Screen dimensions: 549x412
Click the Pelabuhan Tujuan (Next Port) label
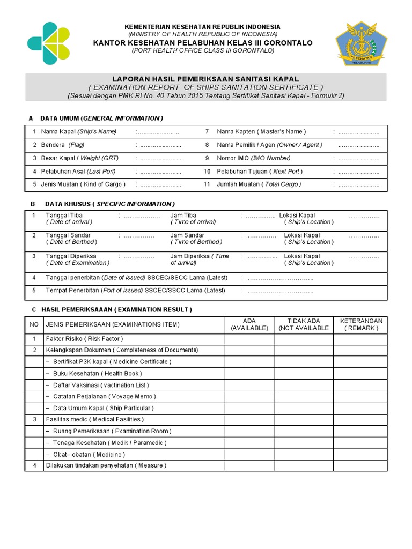[x=260, y=172]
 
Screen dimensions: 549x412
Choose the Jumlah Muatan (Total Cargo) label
[x=259, y=184]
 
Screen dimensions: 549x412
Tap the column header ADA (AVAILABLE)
[x=249, y=324]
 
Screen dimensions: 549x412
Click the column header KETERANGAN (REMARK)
[x=361, y=324]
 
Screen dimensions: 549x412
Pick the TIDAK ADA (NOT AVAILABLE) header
[x=304, y=324]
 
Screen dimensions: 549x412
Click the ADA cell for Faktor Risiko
[x=249, y=339]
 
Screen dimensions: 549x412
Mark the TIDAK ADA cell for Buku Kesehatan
[x=304, y=373]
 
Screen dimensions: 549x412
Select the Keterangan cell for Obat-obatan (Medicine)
[x=361, y=454]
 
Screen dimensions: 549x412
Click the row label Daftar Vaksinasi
[x=101, y=385]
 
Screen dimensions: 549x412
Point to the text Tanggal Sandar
[x=68, y=235]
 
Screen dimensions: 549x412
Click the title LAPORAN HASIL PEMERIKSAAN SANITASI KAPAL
[x=205, y=79]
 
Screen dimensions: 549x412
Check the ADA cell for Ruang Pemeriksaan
[x=249, y=431]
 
